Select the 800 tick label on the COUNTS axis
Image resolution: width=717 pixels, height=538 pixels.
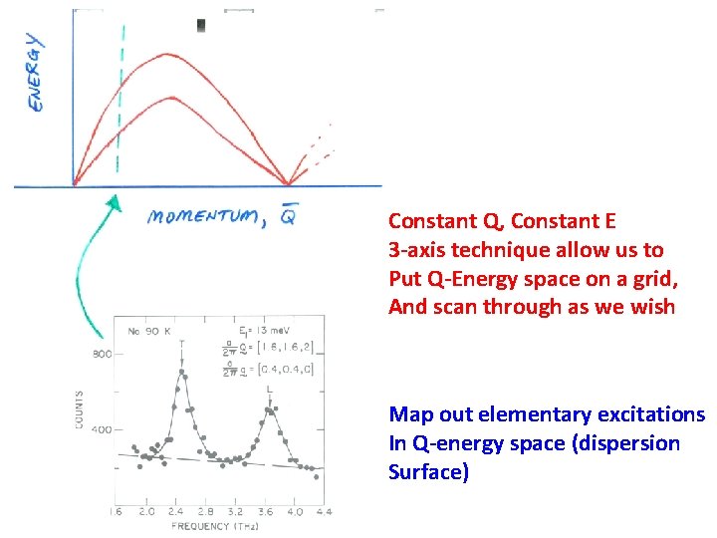tap(102, 354)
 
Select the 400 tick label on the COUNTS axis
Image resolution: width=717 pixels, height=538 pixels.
tap(102, 430)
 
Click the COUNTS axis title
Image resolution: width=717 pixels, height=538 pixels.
tap(80, 409)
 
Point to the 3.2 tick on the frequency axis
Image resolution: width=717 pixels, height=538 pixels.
tap(236, 511)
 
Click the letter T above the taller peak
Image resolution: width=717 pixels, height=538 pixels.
tap(182, 344)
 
